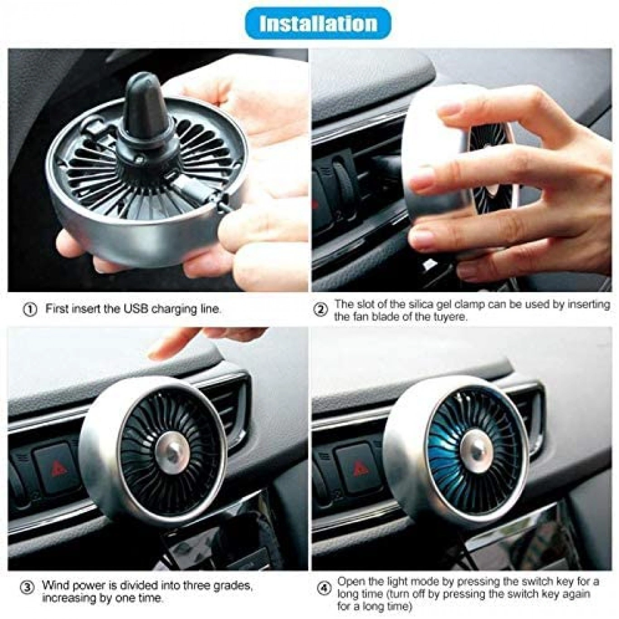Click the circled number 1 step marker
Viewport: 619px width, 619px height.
(30, 309)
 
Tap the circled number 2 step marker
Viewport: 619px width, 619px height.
(321, 309)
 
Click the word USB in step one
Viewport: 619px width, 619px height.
(135, 309)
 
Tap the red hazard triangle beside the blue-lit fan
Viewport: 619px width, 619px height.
(361, 469)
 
